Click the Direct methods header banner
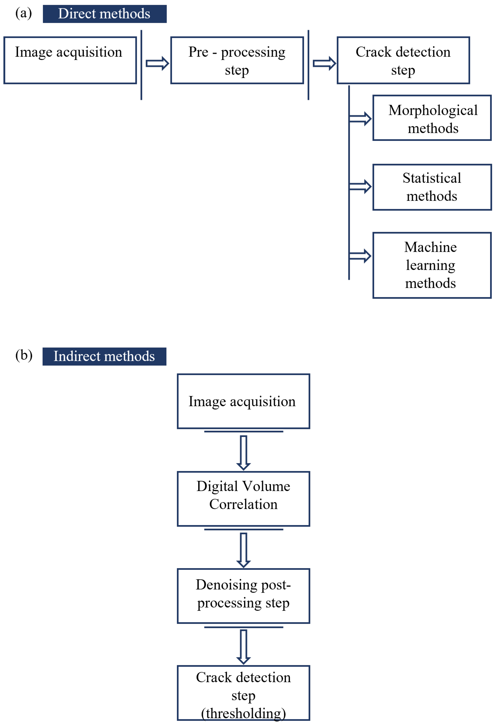pyautogui.click(x=104, y=14)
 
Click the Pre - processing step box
pyautogui.click(x=237, y=60)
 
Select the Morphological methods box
pyautogui.click(x=432, y=118)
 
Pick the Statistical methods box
pyautogui.click(x=432, y=187)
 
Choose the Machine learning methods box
pyautogui.click(x=432, y=265)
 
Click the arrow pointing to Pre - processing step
pyautogui.click(x=157, y=64)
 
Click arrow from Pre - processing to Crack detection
pyautogui.click(x=324, y=64)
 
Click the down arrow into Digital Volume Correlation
pyautogui.click(x=244, y=452)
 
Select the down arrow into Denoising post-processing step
pyautogui.click(x=244, y=550)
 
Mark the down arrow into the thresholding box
pyautogui.click(x=244, y=646)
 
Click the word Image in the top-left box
pyautogui.click(x=33, y=52)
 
